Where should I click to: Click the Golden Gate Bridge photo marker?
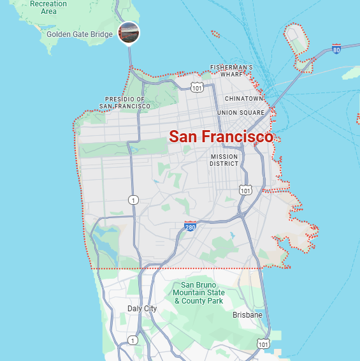[129, 32]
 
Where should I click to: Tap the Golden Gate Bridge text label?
[80, 33]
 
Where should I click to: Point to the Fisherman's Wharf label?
[231, 71]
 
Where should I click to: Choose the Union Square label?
[240, 113]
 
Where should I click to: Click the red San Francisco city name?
[220, 136]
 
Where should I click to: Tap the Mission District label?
[224, 160]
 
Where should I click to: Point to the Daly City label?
[141, 309]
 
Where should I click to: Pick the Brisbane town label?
[247, 315]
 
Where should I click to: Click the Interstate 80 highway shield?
[336, 48]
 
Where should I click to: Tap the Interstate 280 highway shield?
[190, 226]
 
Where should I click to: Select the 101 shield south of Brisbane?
[263, 344]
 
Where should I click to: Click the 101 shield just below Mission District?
[245, 190]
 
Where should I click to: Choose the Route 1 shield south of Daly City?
[133, 341]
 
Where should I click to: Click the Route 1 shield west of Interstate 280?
[133, 200]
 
